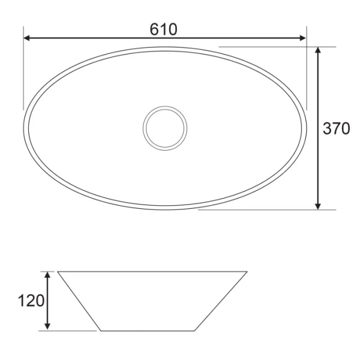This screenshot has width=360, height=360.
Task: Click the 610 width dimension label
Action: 163,29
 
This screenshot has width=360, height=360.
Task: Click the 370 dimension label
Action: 337,128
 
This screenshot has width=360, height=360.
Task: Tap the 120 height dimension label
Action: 31,301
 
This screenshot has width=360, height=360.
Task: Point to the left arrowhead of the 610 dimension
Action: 26,38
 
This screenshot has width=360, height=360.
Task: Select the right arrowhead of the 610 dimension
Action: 303,38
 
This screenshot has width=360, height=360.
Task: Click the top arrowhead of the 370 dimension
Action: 318,50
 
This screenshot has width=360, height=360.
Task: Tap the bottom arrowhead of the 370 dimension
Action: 318,206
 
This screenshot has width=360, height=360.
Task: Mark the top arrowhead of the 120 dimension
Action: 47,275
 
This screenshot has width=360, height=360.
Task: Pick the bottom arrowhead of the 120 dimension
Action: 47,326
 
